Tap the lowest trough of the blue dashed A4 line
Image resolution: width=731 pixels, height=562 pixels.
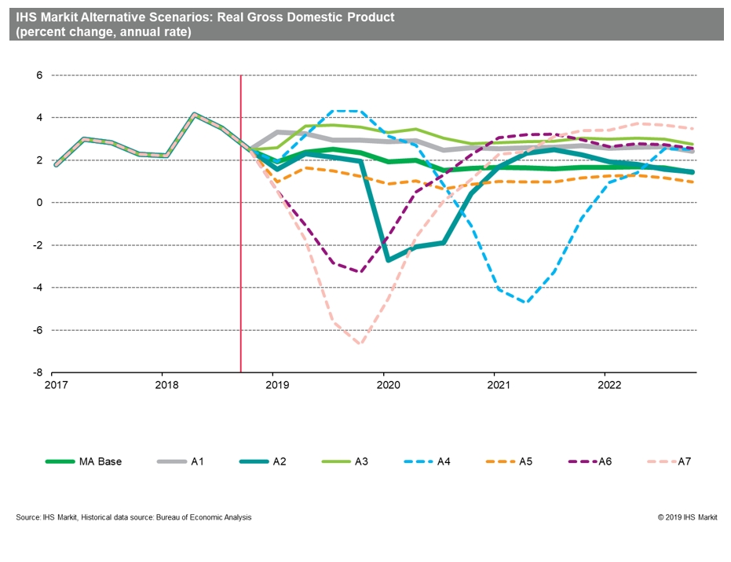pyautogui.click(x=524, y=302)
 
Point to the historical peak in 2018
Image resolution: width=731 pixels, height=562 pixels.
pyautogui.click(x=195, y=114)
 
